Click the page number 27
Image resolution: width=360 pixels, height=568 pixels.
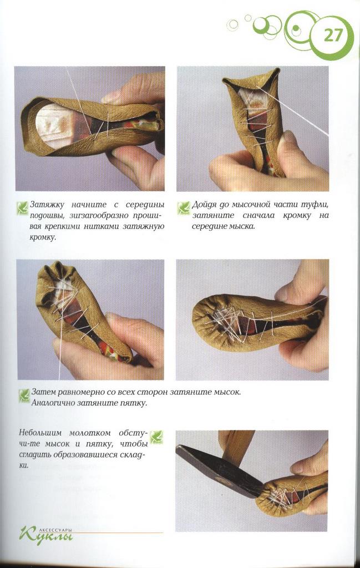333,35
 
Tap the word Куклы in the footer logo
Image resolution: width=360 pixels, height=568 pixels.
47,535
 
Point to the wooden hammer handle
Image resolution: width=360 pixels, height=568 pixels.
236,448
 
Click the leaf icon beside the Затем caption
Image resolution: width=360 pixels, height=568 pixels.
24,395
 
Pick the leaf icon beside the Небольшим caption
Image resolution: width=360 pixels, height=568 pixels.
156,437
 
